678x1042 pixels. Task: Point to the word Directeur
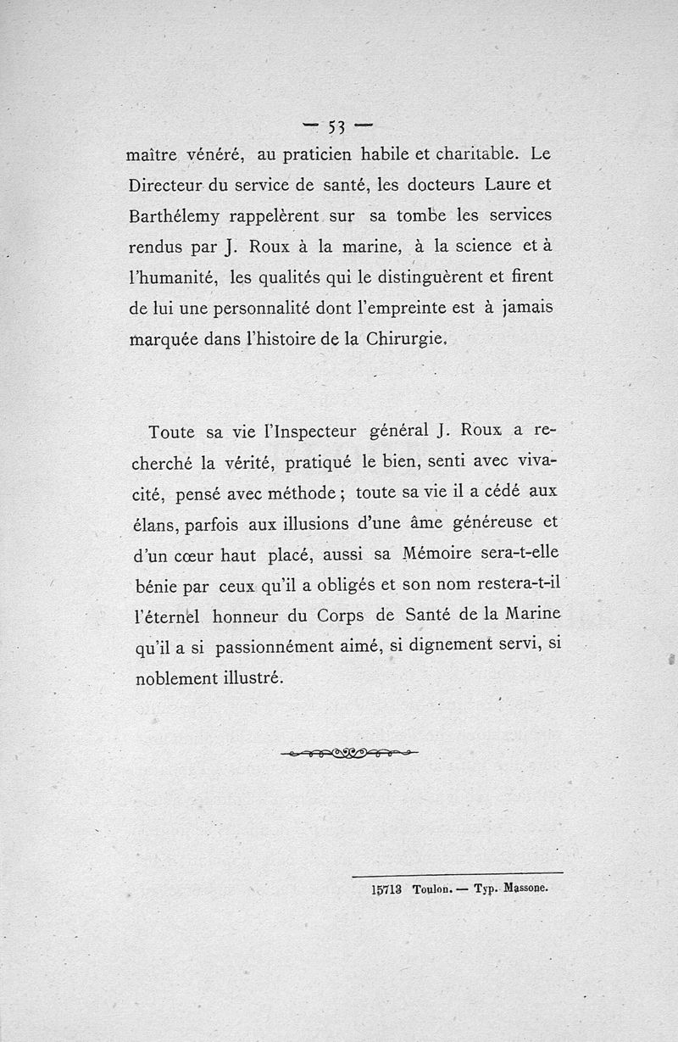pos(168,185)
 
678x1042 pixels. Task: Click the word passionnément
pos(284,647)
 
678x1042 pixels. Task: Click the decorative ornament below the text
pos(348,752)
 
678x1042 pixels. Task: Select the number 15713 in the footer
pos(386,889)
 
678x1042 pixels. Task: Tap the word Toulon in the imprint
pos(432,890)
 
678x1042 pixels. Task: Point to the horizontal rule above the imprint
pos(457,873)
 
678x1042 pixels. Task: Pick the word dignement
pos(460,646)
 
